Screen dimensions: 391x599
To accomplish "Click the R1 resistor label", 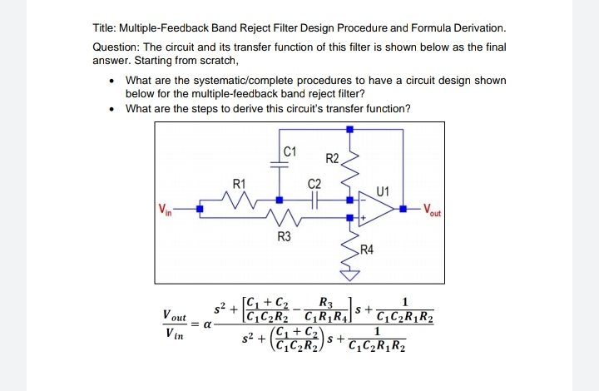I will point(240,182).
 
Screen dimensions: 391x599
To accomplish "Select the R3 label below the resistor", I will point(285,238).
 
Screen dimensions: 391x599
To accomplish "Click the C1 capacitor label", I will point(289,151).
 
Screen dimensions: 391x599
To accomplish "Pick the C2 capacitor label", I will point(314,183).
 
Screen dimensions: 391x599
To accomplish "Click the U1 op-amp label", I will point(382,191).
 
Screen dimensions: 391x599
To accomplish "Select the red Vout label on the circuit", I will point(435,208).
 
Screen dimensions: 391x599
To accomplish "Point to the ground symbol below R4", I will point(350,277).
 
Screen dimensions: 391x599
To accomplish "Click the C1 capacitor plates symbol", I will point(280,164).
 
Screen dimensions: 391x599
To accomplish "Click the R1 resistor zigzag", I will point(240,200).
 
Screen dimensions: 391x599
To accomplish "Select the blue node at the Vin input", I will point(199,209).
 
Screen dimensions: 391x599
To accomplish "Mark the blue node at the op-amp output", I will point(403,209).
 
